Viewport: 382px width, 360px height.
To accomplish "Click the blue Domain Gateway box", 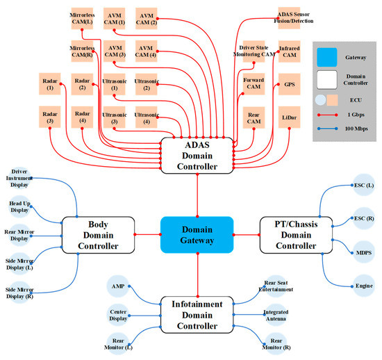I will pyautogui.click(x=197, y=235).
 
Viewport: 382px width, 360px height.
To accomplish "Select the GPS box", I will pyautogui.click(x=290, y=85).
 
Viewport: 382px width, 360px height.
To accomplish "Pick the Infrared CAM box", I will pyautogui.click(x=290, y=52).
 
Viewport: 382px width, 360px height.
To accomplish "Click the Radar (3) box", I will pyautogui.click(x=50, y=116).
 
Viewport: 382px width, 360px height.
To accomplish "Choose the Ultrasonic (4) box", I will pyautogui.click(x=147, y=116).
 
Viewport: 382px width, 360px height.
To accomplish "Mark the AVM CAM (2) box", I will pyautogui.click(x=147, y=19).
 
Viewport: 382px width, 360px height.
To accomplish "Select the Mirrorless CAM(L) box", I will pyautogui.click(x=83, y=19).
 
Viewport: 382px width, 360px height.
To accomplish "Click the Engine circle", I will pyautogui.click(x=364, y=286).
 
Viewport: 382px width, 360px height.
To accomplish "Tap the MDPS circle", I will pyautogui.click(x=364, y=252).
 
